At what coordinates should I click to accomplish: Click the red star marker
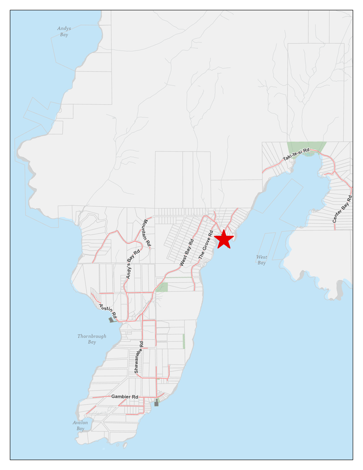pyautogui.click(x=224, y=239)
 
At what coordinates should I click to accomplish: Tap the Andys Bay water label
pyautogui.click(x=64, y=31)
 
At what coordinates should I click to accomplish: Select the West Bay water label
pyautogui.click(x=262, y=260)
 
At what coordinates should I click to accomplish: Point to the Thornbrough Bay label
pyautogui.click(x=92, y=339)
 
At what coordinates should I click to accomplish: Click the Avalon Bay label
pyautogui.click(x=80, y=426)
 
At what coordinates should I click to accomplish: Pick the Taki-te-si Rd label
pyautogui.click(x=296, y=154)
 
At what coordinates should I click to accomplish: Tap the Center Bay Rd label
pyautogui.click(x=343, y=209)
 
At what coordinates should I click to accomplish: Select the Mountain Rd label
pyautogui.click(x=147, y=233)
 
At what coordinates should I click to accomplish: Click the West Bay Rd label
pyautogui.click(x=187, y=252)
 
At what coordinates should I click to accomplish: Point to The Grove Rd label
pyautogui.click(x=206, y=245)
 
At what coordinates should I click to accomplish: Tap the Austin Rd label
pyautogui.click(x=108, y=311)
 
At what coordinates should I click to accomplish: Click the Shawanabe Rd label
pyautogui.click(x=139, y=357)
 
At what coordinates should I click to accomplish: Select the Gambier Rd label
pyautogui.click(x=125, y=397)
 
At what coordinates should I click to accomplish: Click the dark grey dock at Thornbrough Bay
pyautogui.click(x=111, y=320)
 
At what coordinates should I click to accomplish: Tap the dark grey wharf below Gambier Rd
pyautogui.click(x=156, y=403)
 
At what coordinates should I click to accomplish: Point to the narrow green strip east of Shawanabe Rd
pyautogui.click(x=184, y=341)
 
